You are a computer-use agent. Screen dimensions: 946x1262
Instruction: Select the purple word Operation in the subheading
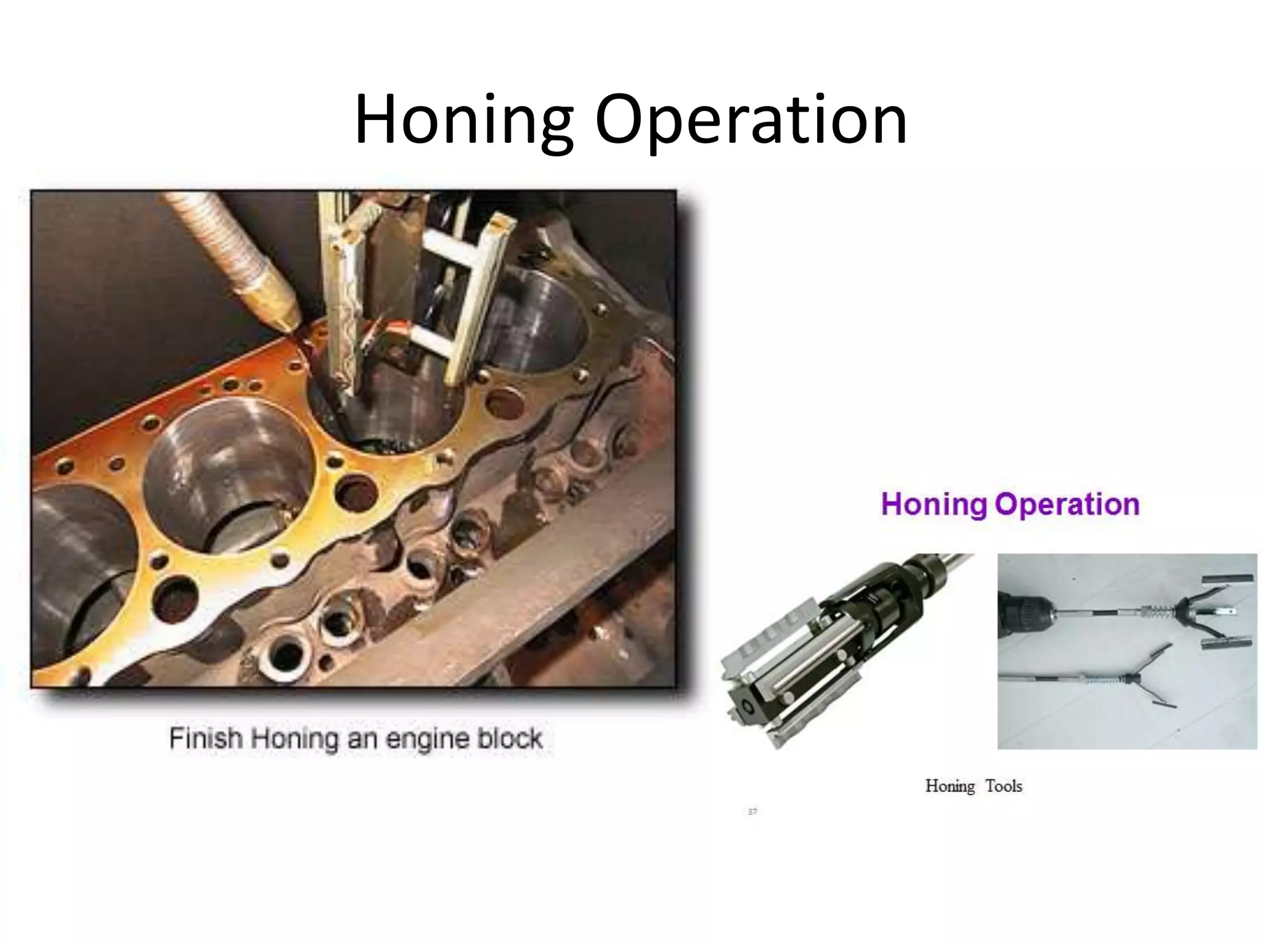click(x=1067, y=504)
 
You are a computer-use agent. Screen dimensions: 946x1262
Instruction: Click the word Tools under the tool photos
click(x=1003, y=786)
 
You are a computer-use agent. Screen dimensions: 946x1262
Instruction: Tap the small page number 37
click(x=752, y=812)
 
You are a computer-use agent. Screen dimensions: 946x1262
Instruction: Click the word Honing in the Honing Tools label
click(x=950, y=786)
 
